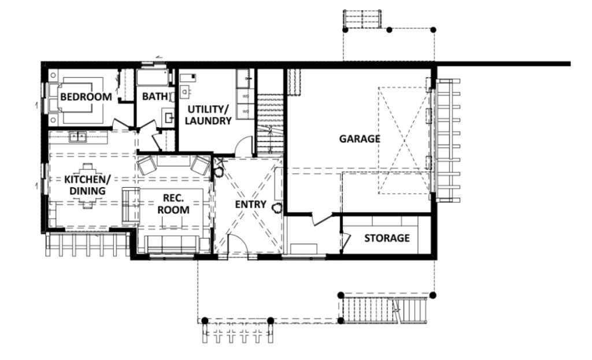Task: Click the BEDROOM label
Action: point(86,97)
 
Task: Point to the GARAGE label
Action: point(359,139)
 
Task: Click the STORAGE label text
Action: point(387,238)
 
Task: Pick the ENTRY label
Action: point(250,205)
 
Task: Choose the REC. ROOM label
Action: point(173,204)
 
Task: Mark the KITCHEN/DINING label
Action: point(84,185)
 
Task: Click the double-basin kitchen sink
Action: point(77,137)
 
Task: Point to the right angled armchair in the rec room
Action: point(201,165)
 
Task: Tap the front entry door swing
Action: point(238,247)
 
